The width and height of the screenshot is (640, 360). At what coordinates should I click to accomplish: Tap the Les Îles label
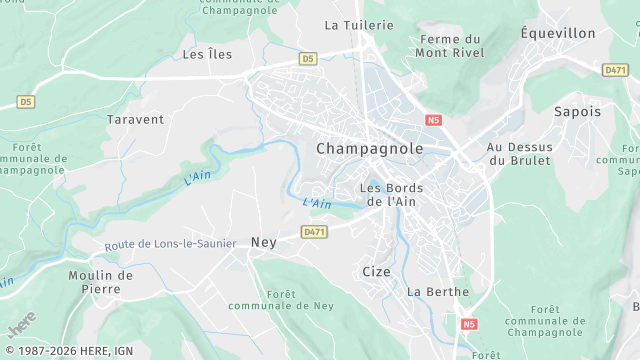207,54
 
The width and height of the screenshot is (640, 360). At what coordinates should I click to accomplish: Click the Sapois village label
578,112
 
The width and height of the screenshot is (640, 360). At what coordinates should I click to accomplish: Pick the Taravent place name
135,119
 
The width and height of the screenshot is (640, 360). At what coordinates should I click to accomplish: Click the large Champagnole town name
369,148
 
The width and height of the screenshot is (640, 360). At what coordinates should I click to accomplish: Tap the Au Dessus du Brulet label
519,153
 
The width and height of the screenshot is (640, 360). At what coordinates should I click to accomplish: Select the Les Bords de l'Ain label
391,195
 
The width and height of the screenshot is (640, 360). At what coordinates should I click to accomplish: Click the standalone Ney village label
263,242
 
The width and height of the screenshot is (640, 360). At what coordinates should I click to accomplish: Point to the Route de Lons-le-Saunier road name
169,244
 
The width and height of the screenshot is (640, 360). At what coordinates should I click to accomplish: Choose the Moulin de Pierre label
100,282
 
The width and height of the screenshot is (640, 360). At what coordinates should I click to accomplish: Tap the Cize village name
376,271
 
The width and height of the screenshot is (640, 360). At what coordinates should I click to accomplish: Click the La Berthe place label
438,292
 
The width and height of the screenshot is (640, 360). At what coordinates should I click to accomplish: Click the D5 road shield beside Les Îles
307,59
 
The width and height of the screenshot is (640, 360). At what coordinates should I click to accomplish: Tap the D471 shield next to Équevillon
615,70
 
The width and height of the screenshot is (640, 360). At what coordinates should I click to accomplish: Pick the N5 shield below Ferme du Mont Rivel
432,120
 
